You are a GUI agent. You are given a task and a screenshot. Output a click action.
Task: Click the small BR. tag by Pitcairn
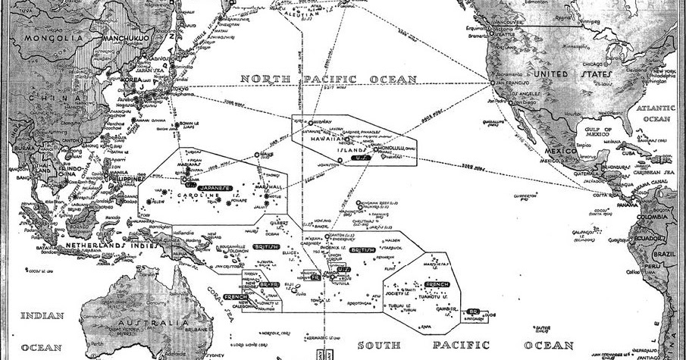point(472,311)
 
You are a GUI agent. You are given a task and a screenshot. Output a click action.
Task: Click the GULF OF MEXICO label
point(592,136)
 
